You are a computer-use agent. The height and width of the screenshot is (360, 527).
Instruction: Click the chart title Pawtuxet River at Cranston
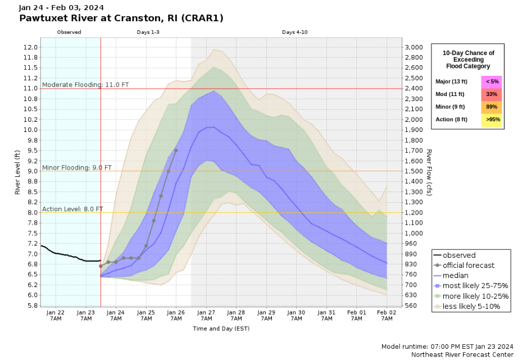(x=121, y=18)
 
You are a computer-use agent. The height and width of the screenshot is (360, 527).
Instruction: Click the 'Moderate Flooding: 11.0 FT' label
(x=85, y=85)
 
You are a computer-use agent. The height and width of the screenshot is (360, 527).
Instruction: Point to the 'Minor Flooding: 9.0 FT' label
(x=77, y=167)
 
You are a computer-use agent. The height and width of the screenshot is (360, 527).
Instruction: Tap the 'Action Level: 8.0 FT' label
(x=72, y=209)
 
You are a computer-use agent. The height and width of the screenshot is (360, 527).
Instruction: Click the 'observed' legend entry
(x=458, y=255)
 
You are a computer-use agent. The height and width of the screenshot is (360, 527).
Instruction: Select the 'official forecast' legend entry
(x=469, y=266)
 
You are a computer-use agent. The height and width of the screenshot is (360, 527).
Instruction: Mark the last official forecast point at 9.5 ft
(x=176, y=151)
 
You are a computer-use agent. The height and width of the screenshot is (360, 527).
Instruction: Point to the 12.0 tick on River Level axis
(x=31, y=47)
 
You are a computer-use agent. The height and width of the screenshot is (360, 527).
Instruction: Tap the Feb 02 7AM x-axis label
(x=387, y=316)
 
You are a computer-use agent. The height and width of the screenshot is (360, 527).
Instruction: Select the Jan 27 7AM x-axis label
(x=206, y=316)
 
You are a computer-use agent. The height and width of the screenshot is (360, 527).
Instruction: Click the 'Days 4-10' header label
(x=294, y=32)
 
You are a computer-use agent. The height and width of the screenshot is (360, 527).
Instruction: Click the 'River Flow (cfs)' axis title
(x=429, y=168)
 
